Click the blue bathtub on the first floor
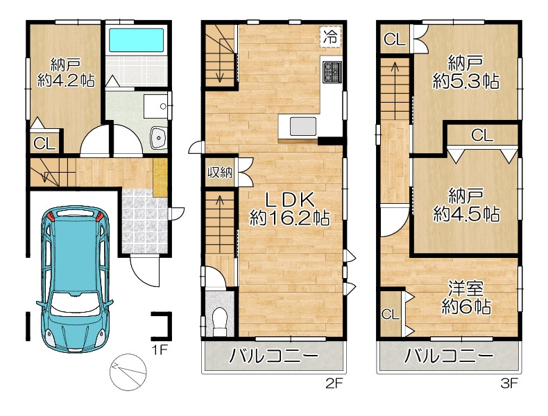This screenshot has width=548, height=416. (136, 40)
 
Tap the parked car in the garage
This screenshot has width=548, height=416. (75, 279)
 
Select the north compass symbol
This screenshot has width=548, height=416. (128, 372)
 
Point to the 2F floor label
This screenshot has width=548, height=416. (334, 383)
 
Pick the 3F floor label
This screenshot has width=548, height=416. (509, 383)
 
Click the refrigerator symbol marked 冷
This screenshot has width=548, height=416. (330, 36)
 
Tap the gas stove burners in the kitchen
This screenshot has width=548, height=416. (332, 72)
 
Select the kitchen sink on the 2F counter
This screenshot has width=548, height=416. (303, 126)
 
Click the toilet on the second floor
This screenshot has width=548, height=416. (219, 322)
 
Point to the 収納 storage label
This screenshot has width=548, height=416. (220, 173)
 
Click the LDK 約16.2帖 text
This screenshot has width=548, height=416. (290, 209)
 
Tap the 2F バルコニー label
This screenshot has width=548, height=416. (274, 356)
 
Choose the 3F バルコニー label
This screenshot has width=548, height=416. (449, 356)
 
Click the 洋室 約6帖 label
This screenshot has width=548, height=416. (466, 298)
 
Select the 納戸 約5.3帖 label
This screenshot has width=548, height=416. (466, 72)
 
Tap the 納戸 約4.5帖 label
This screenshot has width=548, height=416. (466, 205)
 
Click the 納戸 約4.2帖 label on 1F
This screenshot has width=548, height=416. (66, 73)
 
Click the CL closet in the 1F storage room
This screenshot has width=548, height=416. (44, 144)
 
